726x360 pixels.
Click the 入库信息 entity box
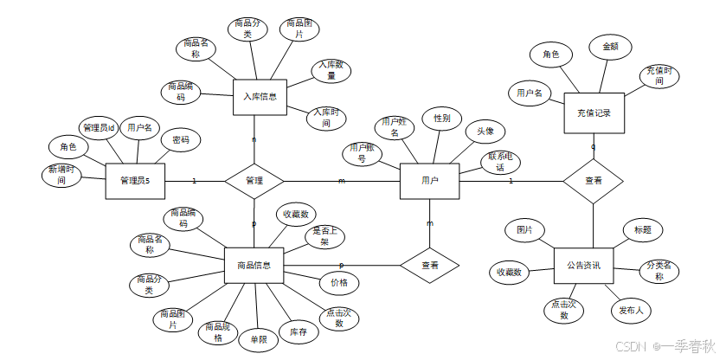tap(260, 97)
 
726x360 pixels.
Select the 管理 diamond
tap(254, 181)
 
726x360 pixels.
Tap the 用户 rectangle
tap(429, 181)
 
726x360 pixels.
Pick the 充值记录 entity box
tap(593, 112)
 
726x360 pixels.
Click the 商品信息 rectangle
tap(254, 265)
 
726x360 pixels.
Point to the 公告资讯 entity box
tap(588, 265)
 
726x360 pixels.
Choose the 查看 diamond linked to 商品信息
tap(429, 265)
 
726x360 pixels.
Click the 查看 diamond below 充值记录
tap(593, 181)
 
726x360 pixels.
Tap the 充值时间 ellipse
tap(659, 75)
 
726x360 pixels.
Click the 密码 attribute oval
tap(181, 139)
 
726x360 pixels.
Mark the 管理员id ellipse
tap(99, 128)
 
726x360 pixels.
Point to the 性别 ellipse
tap(441, 117)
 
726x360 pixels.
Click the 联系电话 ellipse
tap(502, 162)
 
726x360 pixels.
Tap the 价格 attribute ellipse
tap(338, 283)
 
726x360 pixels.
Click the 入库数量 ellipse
tap(331, 70)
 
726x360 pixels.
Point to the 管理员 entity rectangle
tap(135, 181)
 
